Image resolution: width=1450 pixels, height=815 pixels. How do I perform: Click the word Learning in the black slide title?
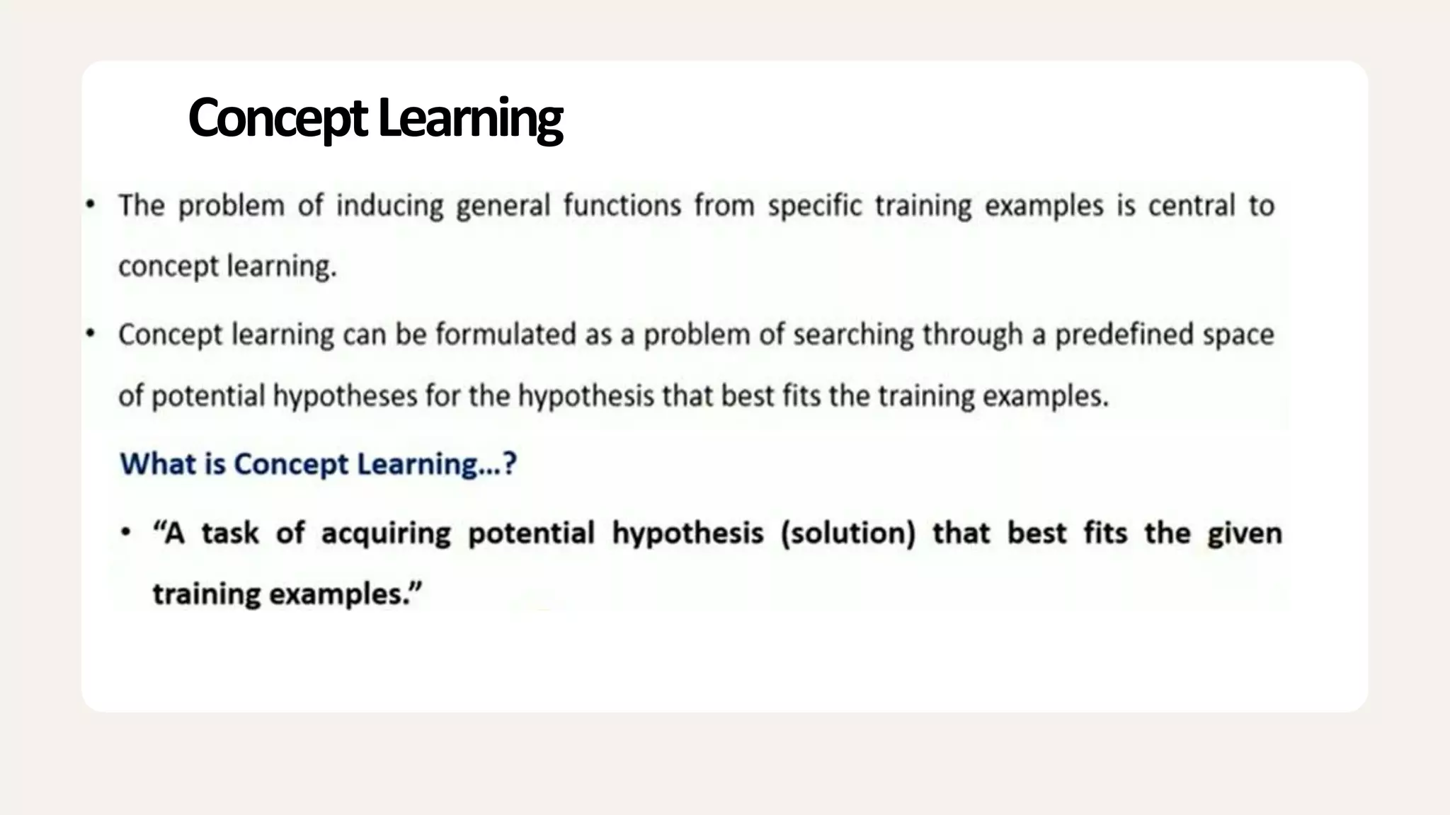pyautogui.click(x=470, y=119)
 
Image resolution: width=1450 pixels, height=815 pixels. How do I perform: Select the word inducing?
pyautogui.click(x=389, y=207)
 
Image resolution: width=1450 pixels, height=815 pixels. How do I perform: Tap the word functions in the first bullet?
pyautogui.click(x=622, y=206)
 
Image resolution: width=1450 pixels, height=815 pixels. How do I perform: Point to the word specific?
pyautogui.click(x=814, y=207)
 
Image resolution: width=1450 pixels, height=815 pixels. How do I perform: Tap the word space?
pyautogui.click(x=1238, y=335)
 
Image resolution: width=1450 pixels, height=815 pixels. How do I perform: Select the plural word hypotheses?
pyautogui.click(x=345, y=396)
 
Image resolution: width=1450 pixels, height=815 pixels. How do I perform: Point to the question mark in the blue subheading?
pyautogui.click(x=509, y=464)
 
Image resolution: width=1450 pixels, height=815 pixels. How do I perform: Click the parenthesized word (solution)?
pyautogui.click(x=847, y=533)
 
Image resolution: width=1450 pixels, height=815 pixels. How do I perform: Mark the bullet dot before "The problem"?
pyautogui.click(x=90, y=205)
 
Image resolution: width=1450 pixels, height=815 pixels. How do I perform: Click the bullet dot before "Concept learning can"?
pyautogui.click(x=90, y=334)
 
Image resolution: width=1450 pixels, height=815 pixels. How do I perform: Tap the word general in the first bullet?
pyautogui.click(x=503, y=207)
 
